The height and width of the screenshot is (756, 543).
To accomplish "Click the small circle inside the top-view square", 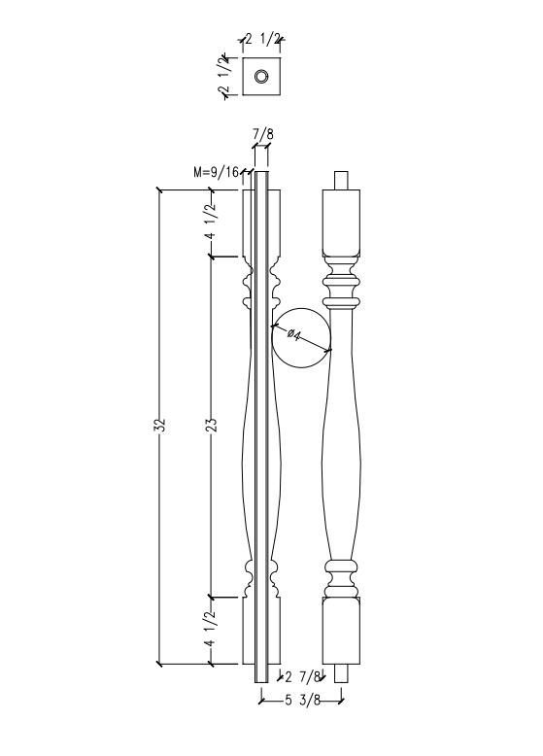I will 260,77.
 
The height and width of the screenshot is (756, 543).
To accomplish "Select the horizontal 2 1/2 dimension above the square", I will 262,40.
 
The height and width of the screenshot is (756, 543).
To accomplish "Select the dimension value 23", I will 213,426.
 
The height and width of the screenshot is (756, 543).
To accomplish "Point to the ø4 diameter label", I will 295,335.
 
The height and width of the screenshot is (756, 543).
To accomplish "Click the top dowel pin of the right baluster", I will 340,180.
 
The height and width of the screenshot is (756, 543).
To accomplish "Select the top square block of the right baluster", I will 340,219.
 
